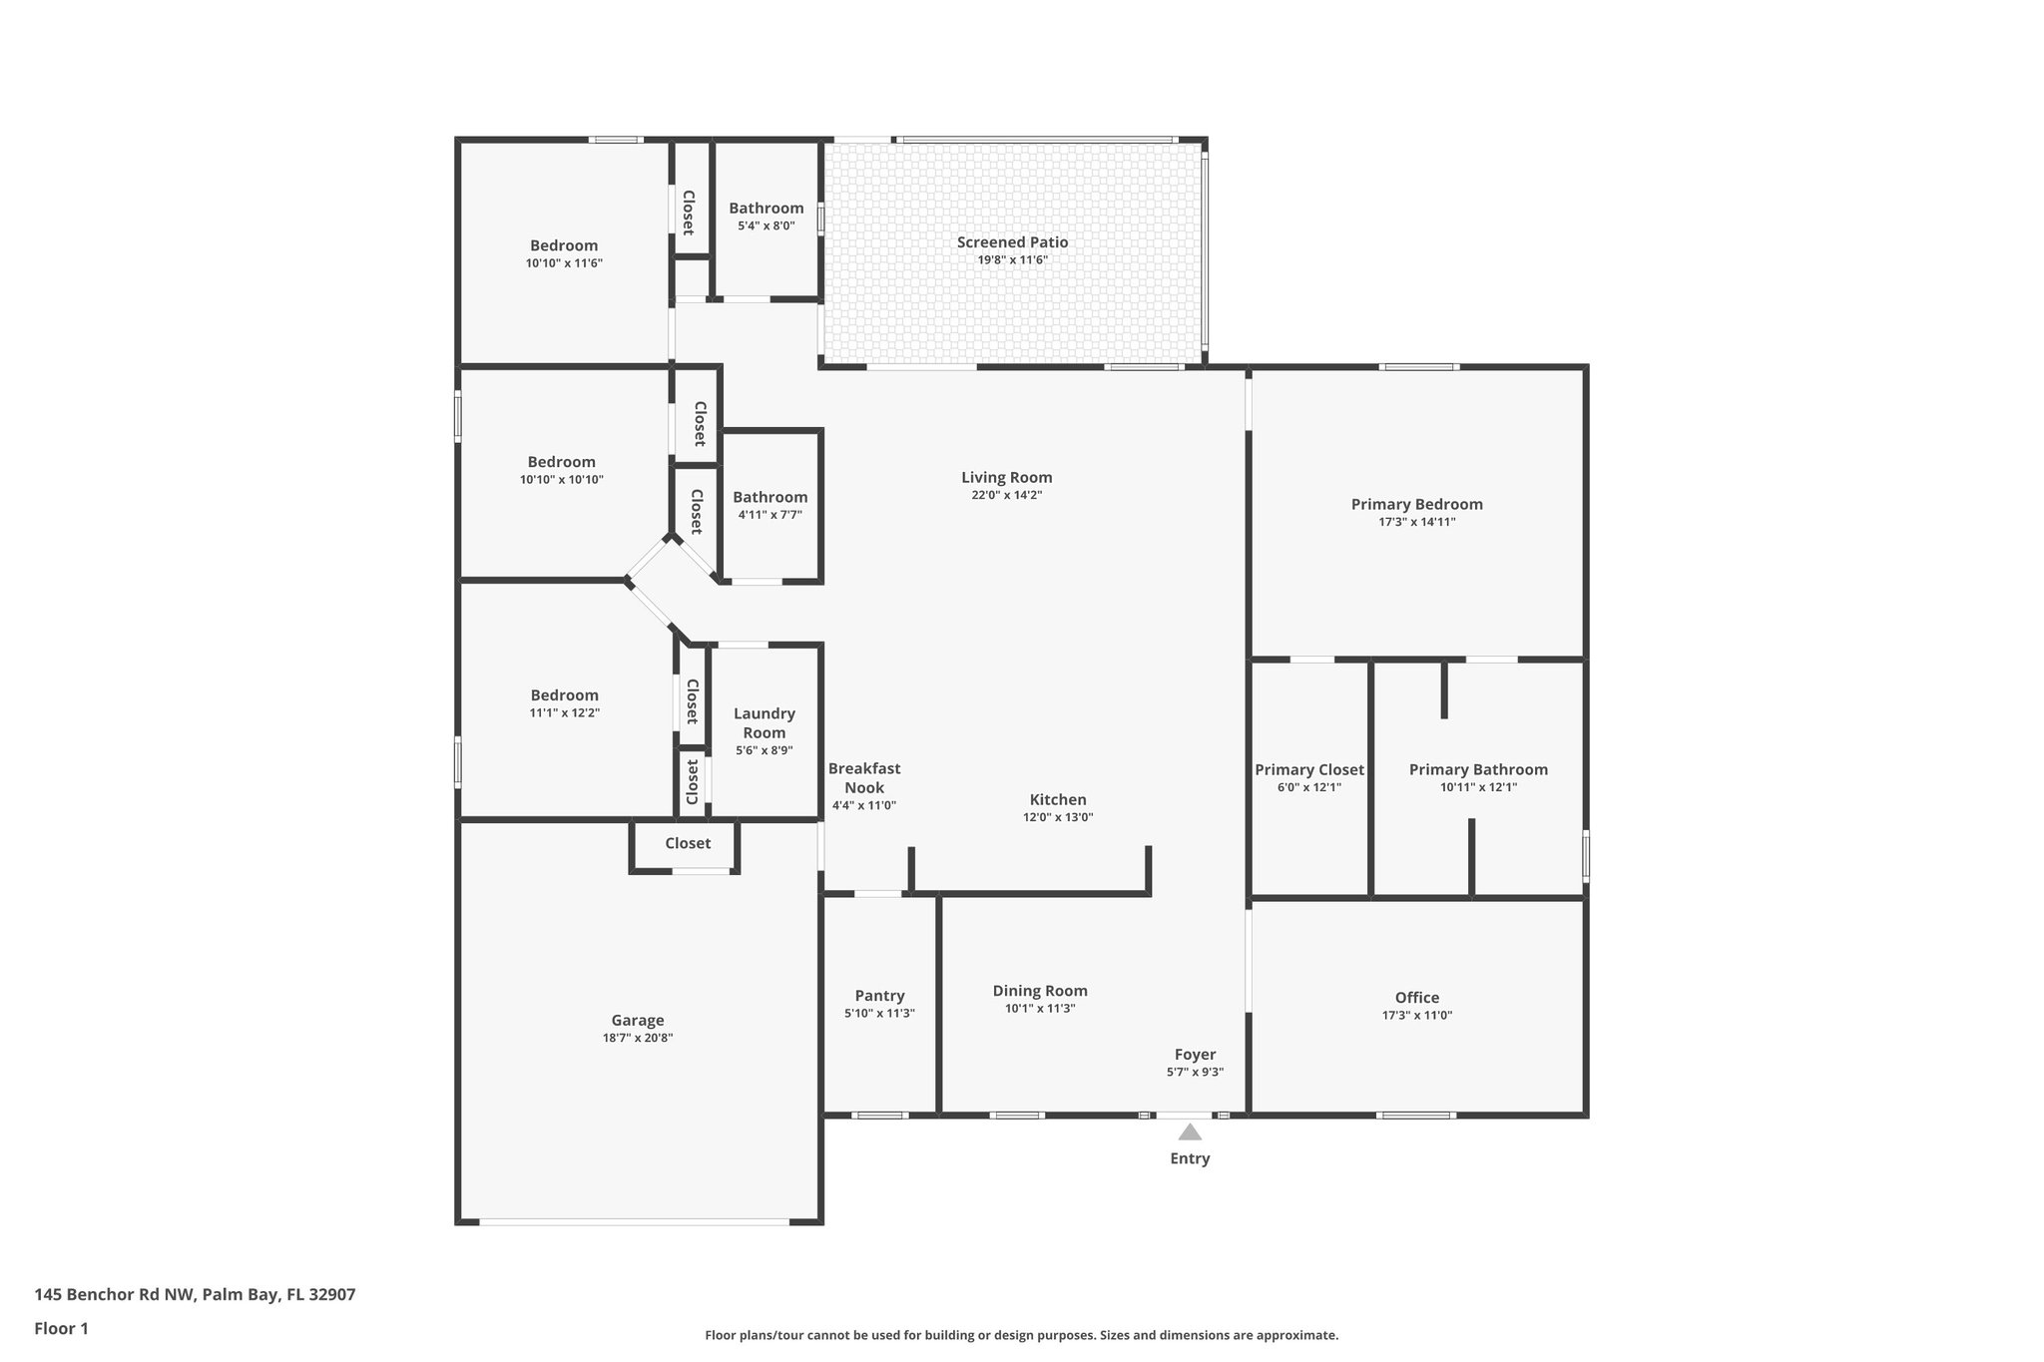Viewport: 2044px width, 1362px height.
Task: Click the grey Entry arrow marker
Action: (1189, 1132)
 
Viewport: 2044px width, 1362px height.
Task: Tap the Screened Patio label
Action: (1012, 242)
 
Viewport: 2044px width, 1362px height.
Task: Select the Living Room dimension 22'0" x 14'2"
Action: (1006, 495)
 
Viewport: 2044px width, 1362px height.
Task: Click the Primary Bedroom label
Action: (1416, 504)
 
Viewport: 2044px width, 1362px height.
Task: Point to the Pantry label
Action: (879, 996)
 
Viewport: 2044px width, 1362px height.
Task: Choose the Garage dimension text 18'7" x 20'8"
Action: (637, 1038)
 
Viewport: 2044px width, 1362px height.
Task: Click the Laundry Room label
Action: (765, 722)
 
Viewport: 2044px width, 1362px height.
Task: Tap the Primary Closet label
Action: (1308, 769)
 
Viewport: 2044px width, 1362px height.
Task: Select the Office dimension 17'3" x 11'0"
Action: (1416, 1016)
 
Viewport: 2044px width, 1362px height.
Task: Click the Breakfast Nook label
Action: (864, 777)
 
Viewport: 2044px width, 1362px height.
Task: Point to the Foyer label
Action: (1195, 1055)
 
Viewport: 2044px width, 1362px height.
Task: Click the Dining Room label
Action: (1040, 991)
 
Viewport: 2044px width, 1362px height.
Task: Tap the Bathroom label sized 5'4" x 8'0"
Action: (766, 209)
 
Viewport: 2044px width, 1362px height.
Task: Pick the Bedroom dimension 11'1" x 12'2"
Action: (564, 713)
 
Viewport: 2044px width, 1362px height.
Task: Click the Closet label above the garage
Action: (688, 843)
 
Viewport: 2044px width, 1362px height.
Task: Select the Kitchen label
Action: (1058, 799)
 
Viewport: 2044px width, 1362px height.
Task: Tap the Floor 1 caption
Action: (61, 1328)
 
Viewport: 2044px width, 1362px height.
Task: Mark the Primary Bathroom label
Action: (1478, 769)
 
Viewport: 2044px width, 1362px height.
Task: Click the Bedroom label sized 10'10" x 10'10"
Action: (561, 462)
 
